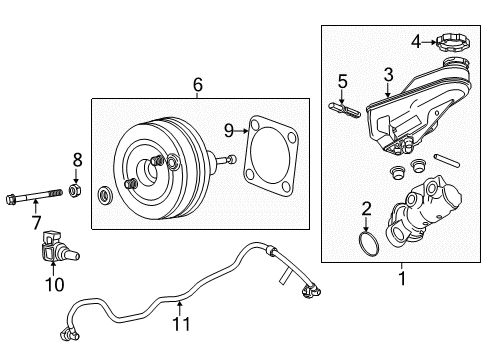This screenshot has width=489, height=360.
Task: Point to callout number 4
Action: [x=415, y=41]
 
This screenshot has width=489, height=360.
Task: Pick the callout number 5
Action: [x=341, y=82]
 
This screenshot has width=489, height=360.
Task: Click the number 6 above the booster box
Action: [x=198, y=86]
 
